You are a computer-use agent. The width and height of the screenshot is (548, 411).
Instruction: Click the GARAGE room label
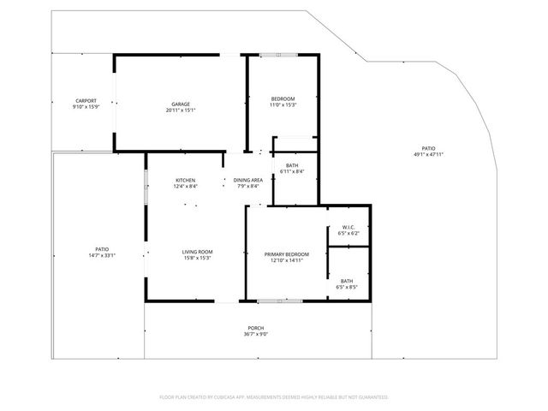pyautogui.click(x=180, y=104)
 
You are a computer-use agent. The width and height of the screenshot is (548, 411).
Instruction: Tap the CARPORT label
pyautogui.click(x=86, y=100)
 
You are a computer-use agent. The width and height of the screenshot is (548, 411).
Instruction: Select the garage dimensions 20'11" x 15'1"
pyautogui.click(x=180, y=110)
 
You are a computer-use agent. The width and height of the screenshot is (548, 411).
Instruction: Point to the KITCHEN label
pyautogui.click(x=186, y=180)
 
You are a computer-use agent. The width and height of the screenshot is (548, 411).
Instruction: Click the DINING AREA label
pyautogui.click(x=247, y=180)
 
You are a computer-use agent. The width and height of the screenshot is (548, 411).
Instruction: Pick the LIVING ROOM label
pyautogui.click(x=197, y=252)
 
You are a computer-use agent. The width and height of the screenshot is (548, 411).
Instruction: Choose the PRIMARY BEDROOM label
pyautogui.click(x=286, y=254)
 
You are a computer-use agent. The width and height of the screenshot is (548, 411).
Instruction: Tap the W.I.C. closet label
pyautogui.click(x=348, y=228)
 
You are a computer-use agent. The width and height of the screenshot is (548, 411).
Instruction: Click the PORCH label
pyautogui.click(x=256, y=328)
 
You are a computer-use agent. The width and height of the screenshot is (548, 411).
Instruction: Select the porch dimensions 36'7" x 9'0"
pyautogui.click(x=256, y=334)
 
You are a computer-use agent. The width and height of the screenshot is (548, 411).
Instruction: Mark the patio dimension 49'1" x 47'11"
pyautogui.click(x=428, y=154)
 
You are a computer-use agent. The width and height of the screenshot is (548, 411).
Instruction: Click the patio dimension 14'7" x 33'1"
pyautogui.click(x=102, y=255)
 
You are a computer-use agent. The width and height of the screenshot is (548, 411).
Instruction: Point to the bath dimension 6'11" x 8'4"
pyautogui.click(x=292, y=171)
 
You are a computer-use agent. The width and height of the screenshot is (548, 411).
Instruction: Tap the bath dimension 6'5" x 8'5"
pyautogui.click(x=347, y=287)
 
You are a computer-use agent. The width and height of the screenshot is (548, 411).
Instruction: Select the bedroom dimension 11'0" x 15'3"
pyautogui.click(x=283, y=105)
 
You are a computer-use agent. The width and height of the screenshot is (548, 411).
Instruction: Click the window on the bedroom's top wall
pyautogui.click(x=279, y=56)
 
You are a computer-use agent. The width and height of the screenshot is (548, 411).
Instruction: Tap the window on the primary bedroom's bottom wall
pyautogui.click(x=274, y=301)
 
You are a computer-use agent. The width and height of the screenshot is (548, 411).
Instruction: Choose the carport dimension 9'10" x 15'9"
pyautogui.click(x=86, y=106)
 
